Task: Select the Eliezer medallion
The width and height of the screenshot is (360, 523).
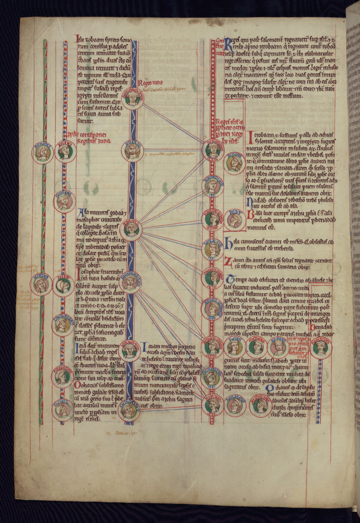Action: [x=62, y=377]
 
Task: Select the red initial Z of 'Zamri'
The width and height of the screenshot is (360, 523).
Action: [x=227, y=263]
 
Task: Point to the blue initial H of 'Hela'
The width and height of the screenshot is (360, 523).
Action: [x=228, y=243]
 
